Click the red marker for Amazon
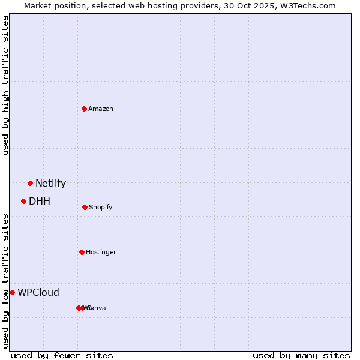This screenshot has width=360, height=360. click(x=84, y=109)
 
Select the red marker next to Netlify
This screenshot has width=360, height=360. click(x=30, y=183)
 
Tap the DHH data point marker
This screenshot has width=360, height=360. click(x=23, y=201)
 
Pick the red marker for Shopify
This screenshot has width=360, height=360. click(x=85, y=207)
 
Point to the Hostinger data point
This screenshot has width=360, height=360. click(x=82, y=252)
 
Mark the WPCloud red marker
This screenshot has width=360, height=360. click(x=12, y=292)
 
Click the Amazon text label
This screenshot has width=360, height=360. click(x=101, y=109)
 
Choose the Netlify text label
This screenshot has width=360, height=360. click(x=50, y=184)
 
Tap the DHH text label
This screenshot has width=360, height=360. click(x=40, y=202)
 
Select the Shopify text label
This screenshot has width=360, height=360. click(x=101, y=207)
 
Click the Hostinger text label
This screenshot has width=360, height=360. click(x=101, y=252)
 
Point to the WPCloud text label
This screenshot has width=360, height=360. click(x=38, y=293)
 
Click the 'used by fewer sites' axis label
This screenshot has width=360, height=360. click(x=62, y=355)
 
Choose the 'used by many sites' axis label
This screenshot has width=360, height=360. click(x=301, y=355)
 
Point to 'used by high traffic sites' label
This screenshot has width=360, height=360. click(x=5, y=85)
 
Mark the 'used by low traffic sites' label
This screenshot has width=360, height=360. click(x=5, y=281)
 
